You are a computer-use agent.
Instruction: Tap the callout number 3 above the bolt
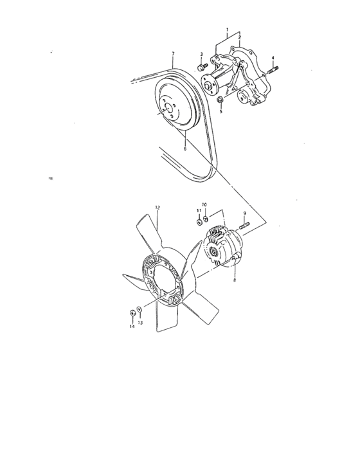click(201, 55)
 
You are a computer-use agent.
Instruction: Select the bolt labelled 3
click(202, 66)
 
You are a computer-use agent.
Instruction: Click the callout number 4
click(273, 59)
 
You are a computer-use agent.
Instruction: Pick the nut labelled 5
click(221, 99)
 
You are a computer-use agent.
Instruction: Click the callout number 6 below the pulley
click(184, 148)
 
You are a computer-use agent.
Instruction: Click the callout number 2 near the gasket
click(239, 38)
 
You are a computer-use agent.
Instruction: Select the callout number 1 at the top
click(226, 30)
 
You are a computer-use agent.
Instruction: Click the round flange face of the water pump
click(208, 83)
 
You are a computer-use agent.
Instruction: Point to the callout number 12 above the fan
click(157, 207)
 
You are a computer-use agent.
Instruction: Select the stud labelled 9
click(246, 226)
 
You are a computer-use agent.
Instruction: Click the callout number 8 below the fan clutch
click(235, 280)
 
